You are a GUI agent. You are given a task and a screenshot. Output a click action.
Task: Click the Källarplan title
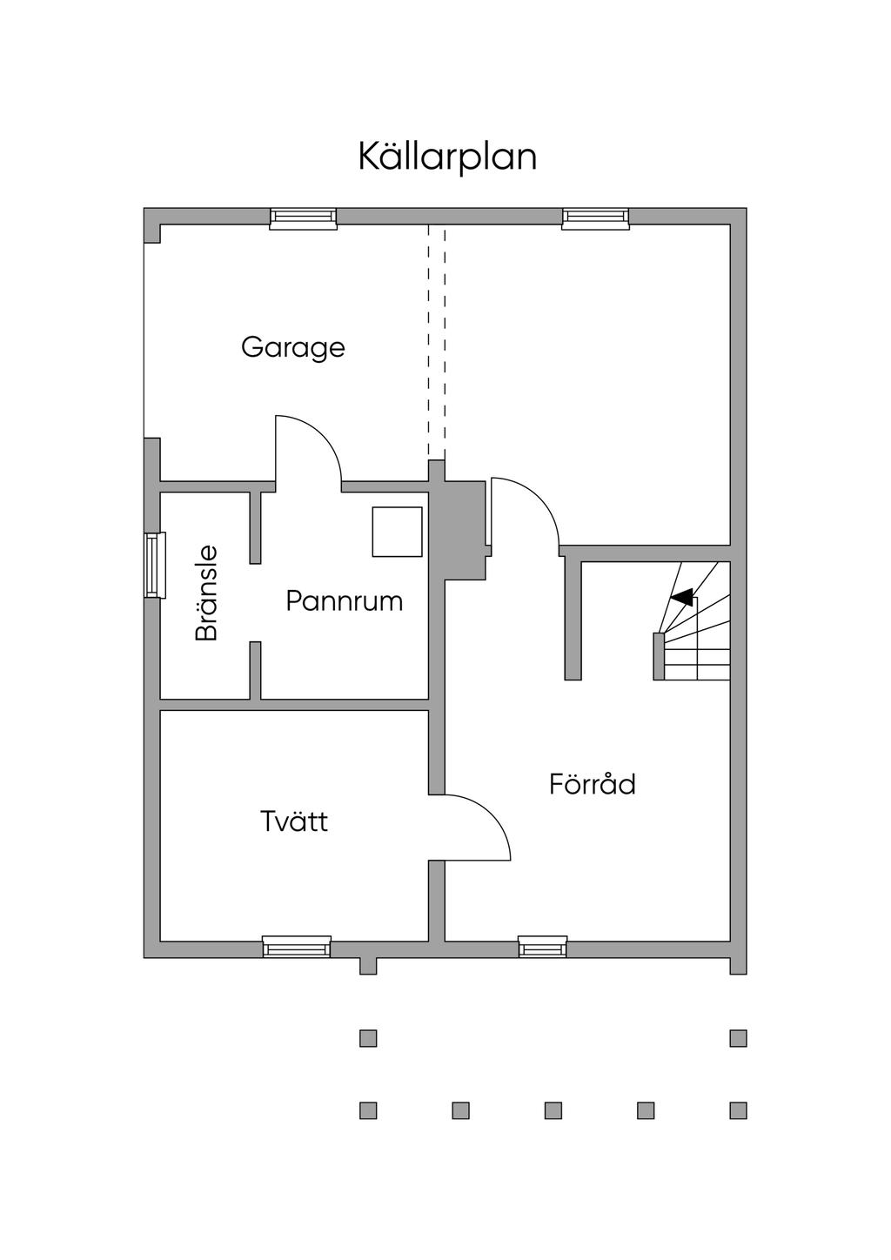(x=447, y=157)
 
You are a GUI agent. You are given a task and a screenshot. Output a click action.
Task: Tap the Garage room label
(x=292, y=348)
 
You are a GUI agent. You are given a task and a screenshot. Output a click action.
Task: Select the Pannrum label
(x=345, y=601)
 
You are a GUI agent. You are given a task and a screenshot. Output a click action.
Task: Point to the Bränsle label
(x=206, y=593)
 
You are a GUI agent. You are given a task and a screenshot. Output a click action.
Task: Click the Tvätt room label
(x=294, y=821)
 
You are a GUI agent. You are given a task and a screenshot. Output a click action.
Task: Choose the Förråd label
(x=593, y=783)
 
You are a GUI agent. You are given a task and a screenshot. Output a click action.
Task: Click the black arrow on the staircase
(x=682, y=598)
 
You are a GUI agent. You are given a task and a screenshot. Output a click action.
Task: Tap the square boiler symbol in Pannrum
(x=397, y=532)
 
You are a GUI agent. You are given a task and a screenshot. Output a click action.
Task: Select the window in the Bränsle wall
(x=155, y=565)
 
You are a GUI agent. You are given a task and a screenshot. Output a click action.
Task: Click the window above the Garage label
(x=303, y=218)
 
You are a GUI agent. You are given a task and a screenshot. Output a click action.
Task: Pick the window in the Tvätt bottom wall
(x=297, y=947)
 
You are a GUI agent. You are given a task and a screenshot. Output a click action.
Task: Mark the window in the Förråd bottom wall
(x=542, y=947)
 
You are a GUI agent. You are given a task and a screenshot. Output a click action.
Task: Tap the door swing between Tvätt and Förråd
(x=492, y=814)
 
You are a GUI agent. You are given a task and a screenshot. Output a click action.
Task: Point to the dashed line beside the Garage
(x=437, y=342)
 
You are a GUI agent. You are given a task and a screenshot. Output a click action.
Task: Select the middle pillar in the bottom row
(x=553, y=1110)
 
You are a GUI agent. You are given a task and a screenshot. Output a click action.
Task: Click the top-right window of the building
(x=595, y=218)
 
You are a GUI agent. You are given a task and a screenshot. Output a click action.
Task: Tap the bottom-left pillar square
(x=368, y=1110)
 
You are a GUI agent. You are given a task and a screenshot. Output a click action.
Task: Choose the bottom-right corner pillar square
(x=738, y=1110)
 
